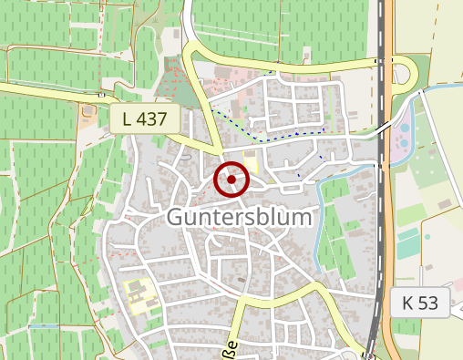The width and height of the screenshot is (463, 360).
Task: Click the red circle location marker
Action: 231,180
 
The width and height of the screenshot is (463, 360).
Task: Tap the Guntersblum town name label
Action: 240,219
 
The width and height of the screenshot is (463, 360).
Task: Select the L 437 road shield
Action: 144,117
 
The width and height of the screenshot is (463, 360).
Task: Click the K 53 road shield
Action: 422,303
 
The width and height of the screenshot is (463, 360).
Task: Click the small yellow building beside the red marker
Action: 251,166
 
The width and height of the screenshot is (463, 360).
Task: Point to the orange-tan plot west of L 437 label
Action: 87,114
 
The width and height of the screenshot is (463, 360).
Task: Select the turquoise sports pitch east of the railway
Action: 409,244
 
